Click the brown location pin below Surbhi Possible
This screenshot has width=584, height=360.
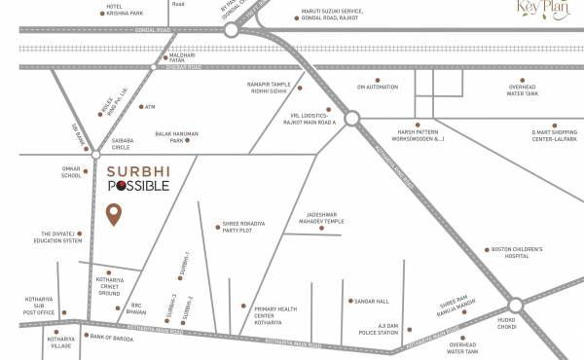click(114, 214)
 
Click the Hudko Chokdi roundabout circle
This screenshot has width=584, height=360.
click(515, 306)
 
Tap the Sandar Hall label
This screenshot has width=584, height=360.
click(372, 302)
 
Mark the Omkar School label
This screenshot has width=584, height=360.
click(71, 172)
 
